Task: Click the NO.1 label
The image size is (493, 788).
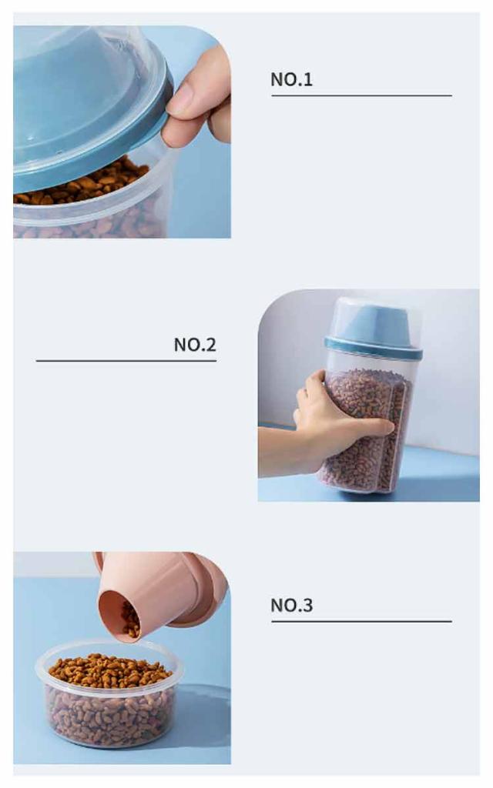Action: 291,79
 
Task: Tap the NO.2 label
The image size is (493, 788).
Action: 195,345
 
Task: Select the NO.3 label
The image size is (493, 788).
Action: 291,605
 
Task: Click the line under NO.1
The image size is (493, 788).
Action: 362,95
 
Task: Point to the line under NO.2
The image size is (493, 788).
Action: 126,360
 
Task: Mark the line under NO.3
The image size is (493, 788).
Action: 362,621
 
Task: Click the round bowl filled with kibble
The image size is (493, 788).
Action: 109,693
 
